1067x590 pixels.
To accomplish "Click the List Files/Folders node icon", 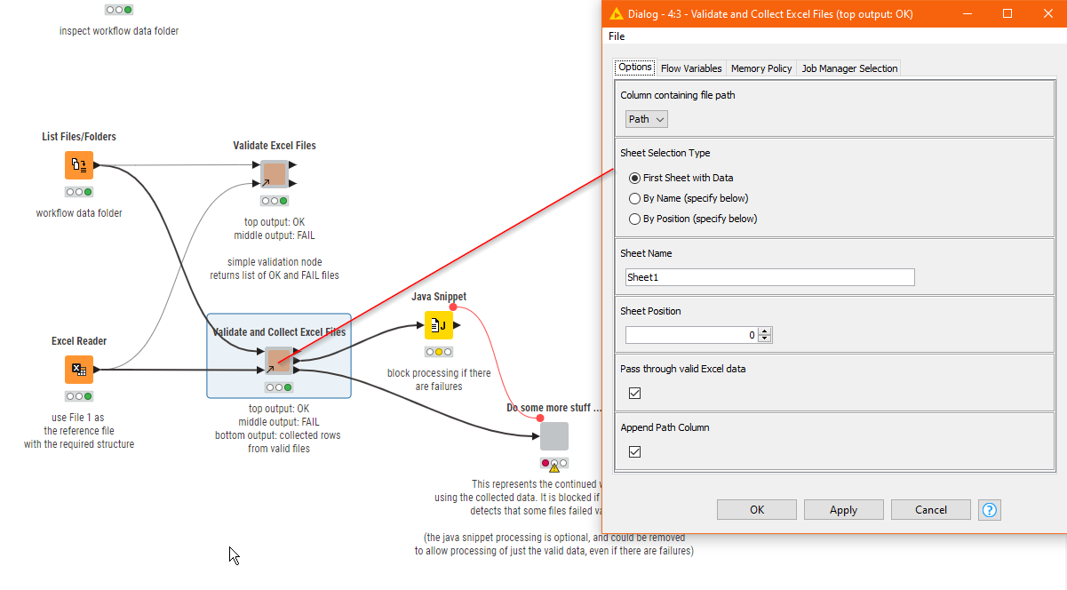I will [79, 165].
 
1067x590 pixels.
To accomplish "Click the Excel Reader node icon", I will [79, 370].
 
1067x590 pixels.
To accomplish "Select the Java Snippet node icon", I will [438, 326].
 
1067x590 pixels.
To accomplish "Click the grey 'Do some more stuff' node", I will [553, 436].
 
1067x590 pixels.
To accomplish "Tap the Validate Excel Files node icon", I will [274, 174].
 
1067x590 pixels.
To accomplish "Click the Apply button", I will [843, 510].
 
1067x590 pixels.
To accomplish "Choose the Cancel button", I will [930, 510].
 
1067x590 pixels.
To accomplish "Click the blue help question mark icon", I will [990, 510].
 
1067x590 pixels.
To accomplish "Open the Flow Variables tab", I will [691, 68].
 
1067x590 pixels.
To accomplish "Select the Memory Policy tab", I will [761, 68].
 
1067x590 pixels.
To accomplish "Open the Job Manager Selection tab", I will [849, 68].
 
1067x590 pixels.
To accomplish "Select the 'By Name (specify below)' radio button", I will [634, 198].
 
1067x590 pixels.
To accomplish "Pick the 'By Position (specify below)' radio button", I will [634, 219].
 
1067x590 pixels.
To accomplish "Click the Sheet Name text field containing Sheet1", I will [769, 277].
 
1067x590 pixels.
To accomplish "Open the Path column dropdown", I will [647, 119].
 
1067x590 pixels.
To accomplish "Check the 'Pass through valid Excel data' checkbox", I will [634, 393].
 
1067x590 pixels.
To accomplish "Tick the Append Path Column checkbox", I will [634, 451].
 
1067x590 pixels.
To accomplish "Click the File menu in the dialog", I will [617, 36].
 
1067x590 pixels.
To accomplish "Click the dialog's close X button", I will [1047, 14].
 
